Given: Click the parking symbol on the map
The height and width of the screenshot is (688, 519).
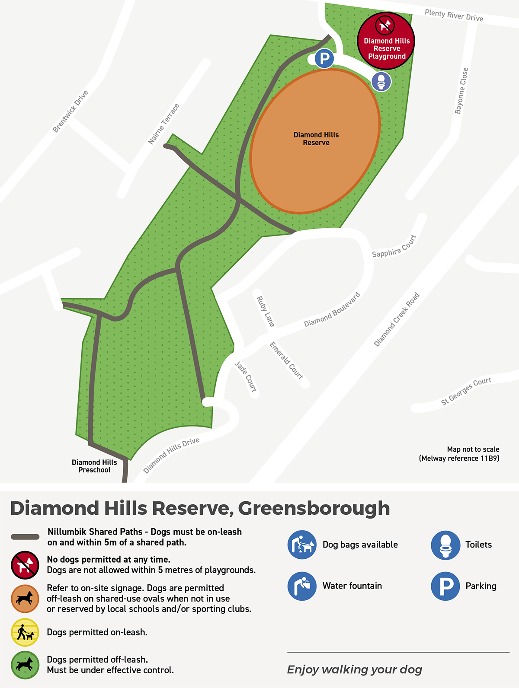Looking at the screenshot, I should (x=324, y=58).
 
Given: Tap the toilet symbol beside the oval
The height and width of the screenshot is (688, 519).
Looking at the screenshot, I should (x=381, y=81).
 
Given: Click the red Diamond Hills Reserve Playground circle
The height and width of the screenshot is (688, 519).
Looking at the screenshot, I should (x=386, y=41).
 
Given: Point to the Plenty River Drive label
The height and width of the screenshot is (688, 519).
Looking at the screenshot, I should (x=454, y=16).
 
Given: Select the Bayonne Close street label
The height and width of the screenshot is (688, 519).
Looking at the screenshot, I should (x=461, y=91).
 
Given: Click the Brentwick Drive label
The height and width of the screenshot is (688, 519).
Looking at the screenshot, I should (x=70, y=111).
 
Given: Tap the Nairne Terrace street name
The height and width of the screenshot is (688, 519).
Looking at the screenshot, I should (x=163, y=124).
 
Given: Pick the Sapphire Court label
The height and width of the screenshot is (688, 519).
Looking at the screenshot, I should (x=394, y=247).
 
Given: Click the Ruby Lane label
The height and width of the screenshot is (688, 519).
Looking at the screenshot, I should (x=266, y=311).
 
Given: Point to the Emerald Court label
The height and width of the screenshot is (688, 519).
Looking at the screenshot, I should (x=286, y=360).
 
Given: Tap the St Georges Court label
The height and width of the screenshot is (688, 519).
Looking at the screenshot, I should (x=466, y=391).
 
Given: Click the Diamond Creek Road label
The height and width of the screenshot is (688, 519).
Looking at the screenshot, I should (x=397, y=319).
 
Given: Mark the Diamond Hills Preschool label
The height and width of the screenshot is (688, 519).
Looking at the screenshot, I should (x=94, y=466).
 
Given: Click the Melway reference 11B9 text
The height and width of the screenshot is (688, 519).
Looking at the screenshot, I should (x=459, y=458).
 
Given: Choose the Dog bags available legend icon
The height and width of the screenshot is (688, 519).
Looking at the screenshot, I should (x=302, y=545).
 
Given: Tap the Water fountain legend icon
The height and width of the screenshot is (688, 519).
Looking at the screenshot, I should (x=302, y=586).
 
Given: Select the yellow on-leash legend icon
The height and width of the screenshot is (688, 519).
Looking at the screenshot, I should (x=25, y=632).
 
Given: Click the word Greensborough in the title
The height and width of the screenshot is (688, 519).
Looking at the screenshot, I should (x=314, y=508).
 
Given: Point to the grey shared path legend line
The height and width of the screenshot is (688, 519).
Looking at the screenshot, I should (x=25, y=537).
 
